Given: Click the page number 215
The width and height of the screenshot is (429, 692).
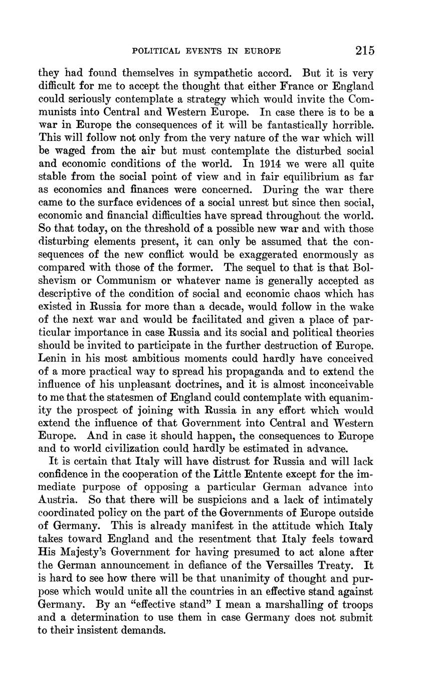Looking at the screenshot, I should tap(364, 50).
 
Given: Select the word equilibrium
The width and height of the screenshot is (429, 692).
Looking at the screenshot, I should tap(293, 177).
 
